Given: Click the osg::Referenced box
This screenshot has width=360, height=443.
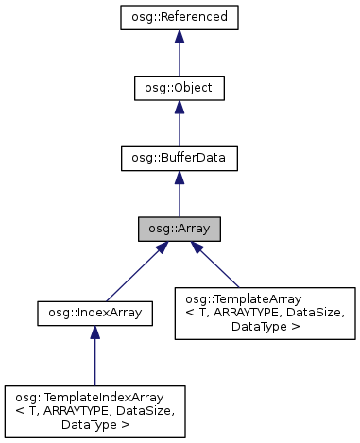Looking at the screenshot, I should point(180,17).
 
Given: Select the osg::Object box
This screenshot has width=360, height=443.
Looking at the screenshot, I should point(180,88).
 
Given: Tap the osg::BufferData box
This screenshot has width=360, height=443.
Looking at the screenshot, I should point(180,159).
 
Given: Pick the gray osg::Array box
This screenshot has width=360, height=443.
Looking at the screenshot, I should point(180,230).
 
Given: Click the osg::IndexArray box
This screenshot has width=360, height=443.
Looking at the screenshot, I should point(94,310).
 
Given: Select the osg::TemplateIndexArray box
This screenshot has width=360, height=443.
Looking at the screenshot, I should point(94,407).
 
